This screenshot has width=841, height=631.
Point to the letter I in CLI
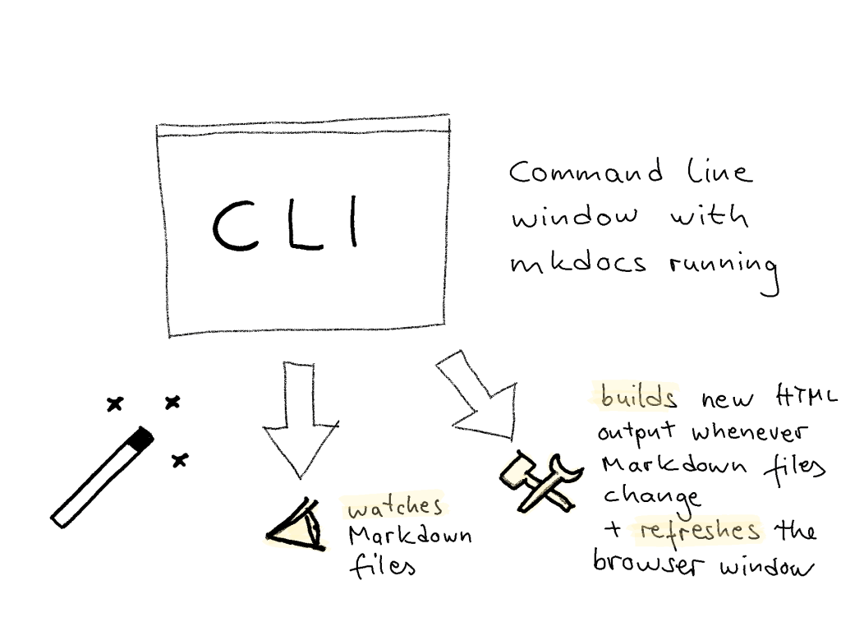click(x=354, y=222)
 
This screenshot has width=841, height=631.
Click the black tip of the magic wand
click(x=141, y=439)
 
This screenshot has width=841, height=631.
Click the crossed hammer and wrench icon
click(x=539, y=481)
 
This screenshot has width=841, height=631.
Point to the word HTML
click(x=804, y=398)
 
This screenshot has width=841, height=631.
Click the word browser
click(x=646, y=565)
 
